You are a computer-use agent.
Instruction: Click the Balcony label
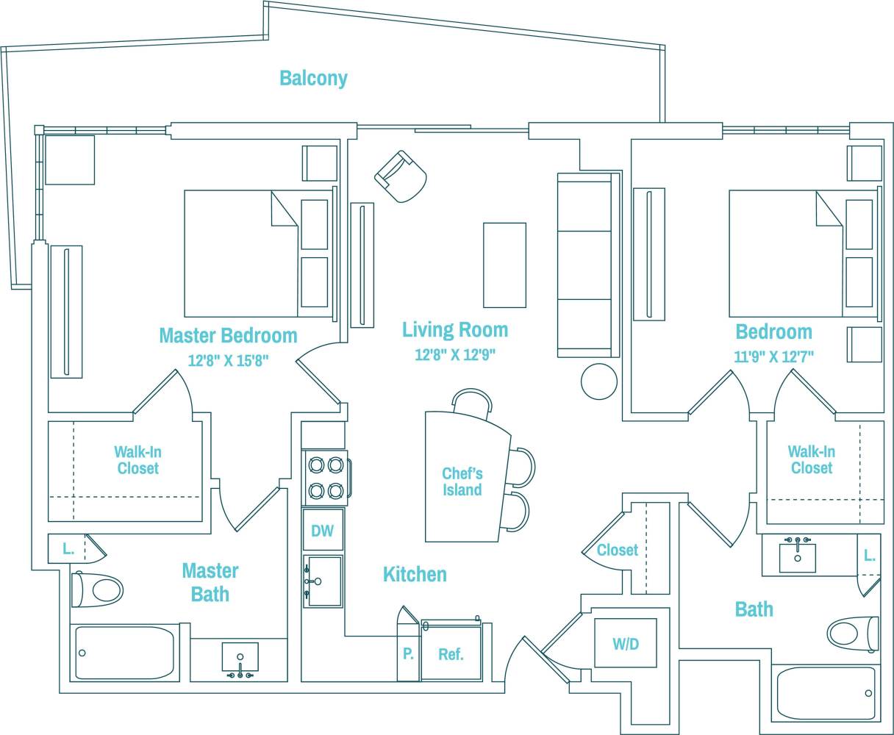[x=313, y=78]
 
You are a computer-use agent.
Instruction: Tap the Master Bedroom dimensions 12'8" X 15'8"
[x=228, y=361]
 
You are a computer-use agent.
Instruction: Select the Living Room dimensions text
[x=454, y=355]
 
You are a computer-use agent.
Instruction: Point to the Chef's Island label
[x=462, y=482]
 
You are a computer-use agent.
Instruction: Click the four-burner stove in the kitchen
[x=326, y=477]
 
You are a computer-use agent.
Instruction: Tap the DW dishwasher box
[x=323, y=531]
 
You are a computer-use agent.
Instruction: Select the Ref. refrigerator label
[x=451, y=654]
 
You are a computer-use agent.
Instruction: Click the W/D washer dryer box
[x=625, y=644]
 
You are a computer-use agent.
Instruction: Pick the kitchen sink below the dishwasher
[x=323, y=581]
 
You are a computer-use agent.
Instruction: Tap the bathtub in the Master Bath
[x=125, y=653]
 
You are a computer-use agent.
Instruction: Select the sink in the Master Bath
[x=240, y=657]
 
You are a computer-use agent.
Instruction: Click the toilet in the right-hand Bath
[x=854, y=633]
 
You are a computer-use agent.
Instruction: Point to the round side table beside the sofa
[x=599, y=381]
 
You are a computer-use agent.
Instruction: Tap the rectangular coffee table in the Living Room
[x=504, y=265]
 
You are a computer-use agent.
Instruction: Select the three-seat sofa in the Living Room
[x=585, y=265]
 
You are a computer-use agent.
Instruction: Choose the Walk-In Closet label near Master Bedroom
[x=137, y=460]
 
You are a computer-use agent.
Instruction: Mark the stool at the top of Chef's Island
[x=471, y=404]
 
